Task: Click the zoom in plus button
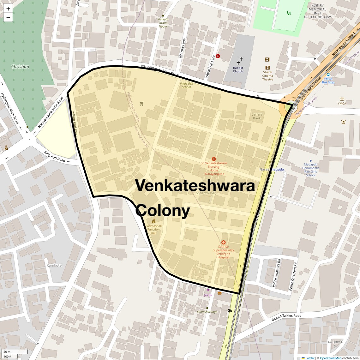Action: [8, 9]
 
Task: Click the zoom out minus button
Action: [8, 17]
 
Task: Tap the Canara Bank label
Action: [257, 116]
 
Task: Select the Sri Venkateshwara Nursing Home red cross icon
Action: [214, 159]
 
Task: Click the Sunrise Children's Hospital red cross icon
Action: [224, 243]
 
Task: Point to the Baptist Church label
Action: [238, 69]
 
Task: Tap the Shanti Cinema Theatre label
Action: [267, 76]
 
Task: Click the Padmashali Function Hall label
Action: [153, 229]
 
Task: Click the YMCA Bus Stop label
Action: [328, 81]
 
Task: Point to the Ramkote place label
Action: [54, 265]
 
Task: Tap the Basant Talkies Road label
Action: [286, 318]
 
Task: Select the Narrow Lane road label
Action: [182, 48]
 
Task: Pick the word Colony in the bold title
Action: [163, 210]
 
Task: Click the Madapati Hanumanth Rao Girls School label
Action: [310, 170]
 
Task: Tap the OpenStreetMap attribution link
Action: [330, 358]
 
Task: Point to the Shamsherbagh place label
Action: [207, 312]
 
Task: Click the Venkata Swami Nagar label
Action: [163, 23]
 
